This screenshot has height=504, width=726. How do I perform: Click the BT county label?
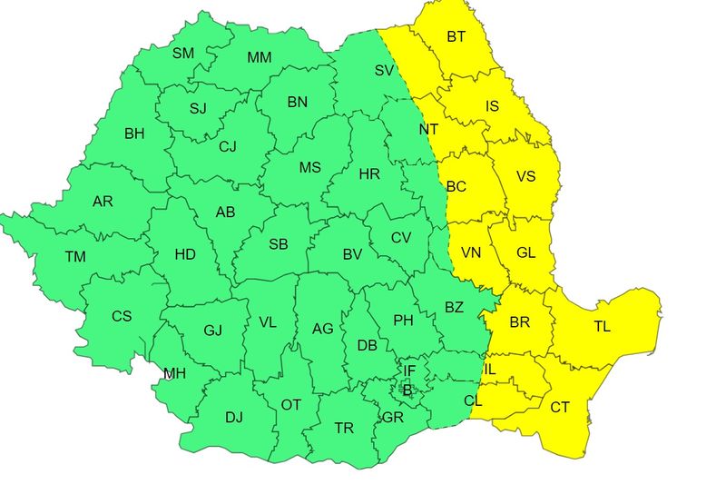(x=456, y=37)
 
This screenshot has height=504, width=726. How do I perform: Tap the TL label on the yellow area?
(x=603, y=327)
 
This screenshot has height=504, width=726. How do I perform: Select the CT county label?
(x=560, y=408)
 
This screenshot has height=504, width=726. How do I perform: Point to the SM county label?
(x=183, y=53)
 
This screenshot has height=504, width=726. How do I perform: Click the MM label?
(x=260, y=58)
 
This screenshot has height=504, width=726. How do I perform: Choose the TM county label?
(x=75, y=257)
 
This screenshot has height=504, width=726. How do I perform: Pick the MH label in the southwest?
(x=174, y=373)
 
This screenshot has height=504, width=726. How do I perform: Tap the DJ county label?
(x=234, y=418)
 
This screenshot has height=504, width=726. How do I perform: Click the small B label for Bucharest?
(x=407, y=390)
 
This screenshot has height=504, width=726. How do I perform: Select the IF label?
(x=409, y=371)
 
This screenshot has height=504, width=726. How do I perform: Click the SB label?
(x=279, y=244)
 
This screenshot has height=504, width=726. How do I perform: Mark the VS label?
(x=526, y=177)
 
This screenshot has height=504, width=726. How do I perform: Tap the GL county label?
(x=526, y=253)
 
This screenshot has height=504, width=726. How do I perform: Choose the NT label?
(x=428, y=130)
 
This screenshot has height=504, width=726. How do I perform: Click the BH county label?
(x=134, y=134)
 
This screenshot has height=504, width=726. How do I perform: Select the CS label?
(x=122, y=317)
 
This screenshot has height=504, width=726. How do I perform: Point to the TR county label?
(x=344, y=428)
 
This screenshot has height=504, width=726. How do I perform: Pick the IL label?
(x=489, y=370)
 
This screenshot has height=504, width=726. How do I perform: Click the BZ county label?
(x=454, y=307)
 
